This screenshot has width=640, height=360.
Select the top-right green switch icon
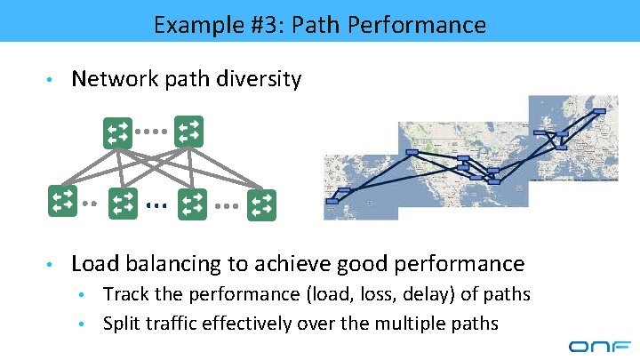click(x=188, y=132)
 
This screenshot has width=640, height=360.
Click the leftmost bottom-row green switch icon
click(x=63, y=201)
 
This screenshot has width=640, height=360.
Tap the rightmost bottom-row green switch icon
click(x=261, y=205)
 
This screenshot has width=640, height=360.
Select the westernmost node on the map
click(x=332, y=201)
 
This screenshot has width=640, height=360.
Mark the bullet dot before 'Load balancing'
click(x=54, y=265)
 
